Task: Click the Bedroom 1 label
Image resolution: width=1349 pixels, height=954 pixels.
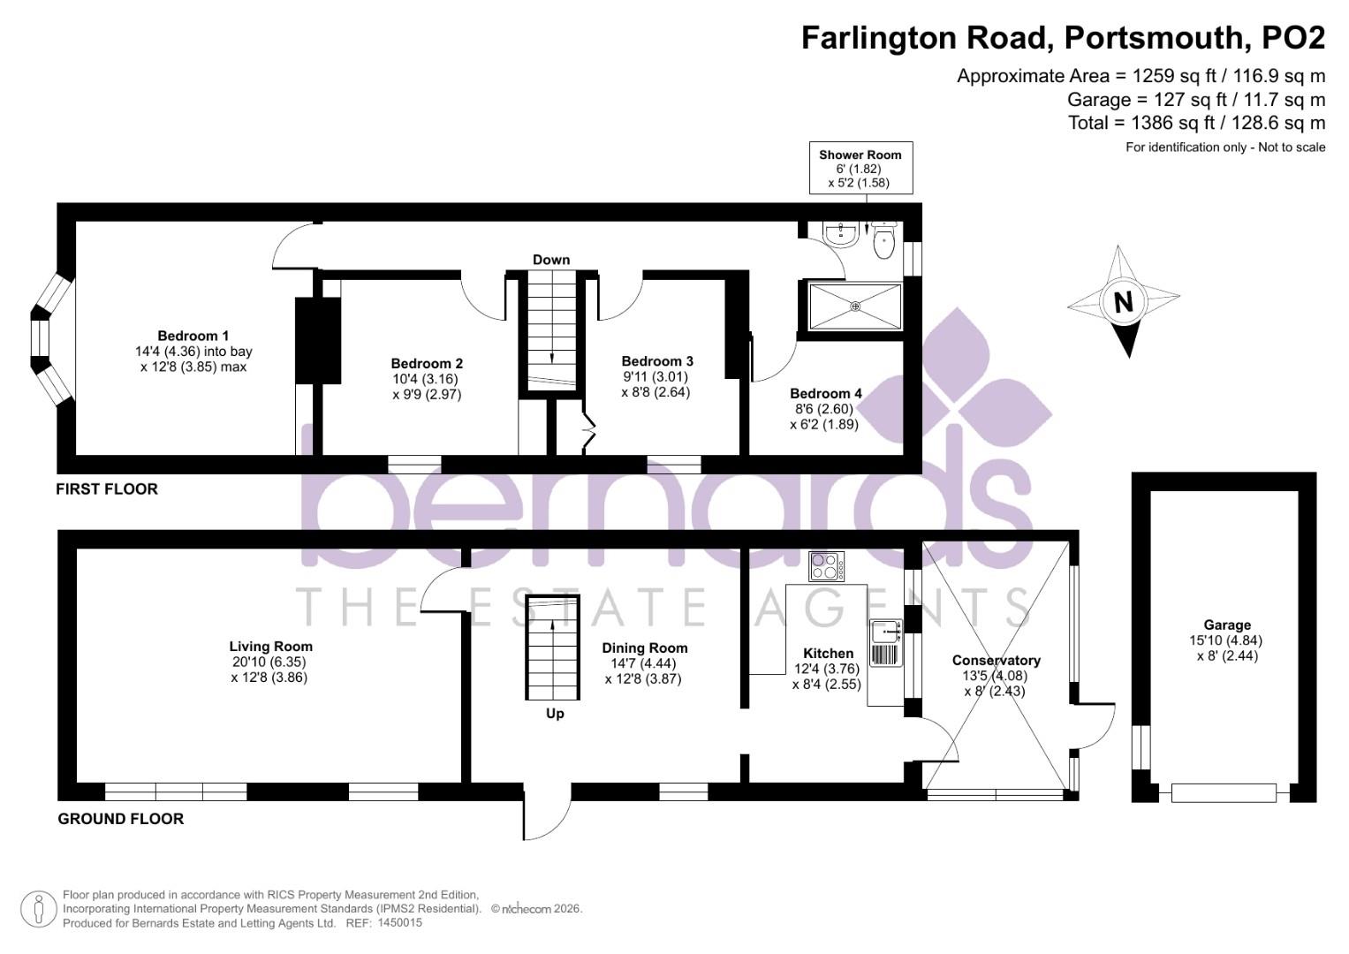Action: point(193,336)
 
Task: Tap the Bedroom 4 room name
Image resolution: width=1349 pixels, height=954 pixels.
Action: point(825,393)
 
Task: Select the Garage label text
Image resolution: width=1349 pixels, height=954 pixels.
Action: point(1227,625)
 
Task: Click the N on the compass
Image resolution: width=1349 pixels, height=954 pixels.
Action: point(1123,303)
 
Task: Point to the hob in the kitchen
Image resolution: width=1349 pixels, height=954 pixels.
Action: point(826,564)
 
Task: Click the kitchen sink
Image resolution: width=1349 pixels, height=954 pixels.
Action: point(884,632)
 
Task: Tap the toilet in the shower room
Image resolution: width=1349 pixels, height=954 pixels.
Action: point(884,243)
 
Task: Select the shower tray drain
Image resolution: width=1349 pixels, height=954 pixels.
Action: point(855,307)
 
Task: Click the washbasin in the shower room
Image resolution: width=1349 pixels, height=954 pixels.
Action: point(838,233)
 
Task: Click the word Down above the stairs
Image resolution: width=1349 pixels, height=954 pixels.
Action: point(551,260)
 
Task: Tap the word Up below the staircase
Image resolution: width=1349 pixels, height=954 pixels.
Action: point(555,714)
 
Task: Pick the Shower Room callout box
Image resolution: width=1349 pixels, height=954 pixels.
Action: point(860,168)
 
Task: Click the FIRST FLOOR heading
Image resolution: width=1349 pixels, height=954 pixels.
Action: point(107,489)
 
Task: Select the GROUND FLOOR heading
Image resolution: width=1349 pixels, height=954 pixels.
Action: point(121,819)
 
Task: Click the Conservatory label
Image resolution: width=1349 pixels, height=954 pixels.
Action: point(996,661)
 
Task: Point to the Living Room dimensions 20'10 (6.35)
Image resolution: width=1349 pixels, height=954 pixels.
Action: point(270,662)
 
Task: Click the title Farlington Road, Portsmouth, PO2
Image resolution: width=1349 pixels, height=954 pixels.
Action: point(1063,38)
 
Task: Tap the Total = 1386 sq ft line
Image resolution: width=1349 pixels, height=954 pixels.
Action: point(1196,123)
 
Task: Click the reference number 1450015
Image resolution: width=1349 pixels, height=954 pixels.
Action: point(399,923)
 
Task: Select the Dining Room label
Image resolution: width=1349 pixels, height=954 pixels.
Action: point(644,648)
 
